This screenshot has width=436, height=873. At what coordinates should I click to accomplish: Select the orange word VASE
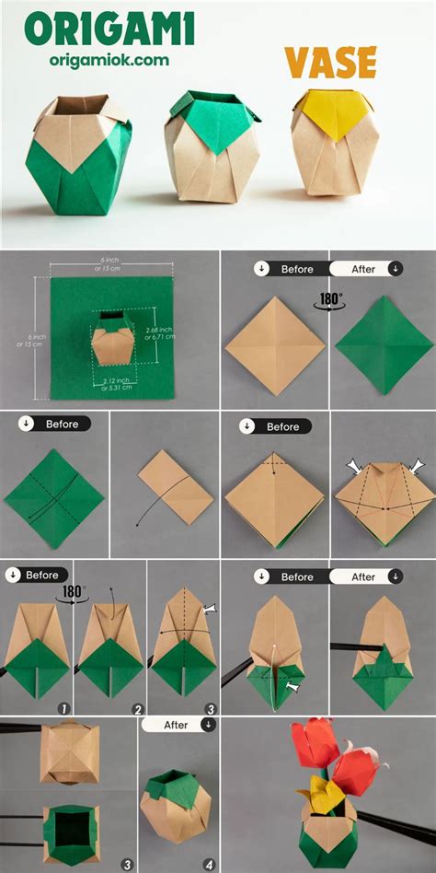coord(330,64)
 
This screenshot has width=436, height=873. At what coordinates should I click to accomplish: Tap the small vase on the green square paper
coord(109,341)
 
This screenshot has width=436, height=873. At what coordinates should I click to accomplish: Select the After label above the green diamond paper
coord(366,269)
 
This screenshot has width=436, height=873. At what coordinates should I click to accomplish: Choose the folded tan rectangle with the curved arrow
coord(176,487)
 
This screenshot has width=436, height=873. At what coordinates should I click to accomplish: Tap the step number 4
coord(209,864)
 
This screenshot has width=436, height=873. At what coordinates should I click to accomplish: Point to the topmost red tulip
coord(314,743)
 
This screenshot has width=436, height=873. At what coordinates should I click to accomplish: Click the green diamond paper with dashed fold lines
coord(55,496)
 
